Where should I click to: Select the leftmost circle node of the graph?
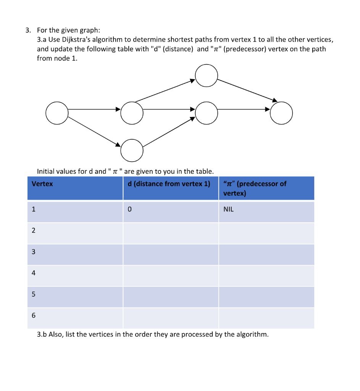[57, 113]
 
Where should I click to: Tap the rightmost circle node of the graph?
[281, 113]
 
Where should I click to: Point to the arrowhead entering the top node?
[193, 80]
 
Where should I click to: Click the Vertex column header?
[42, 184]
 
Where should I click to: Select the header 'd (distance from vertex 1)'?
[169, 184]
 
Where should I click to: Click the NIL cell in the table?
[228, 210]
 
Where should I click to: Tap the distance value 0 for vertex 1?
[130, 210]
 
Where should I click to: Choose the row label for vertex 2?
[34, 231]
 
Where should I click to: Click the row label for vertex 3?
[34, 252]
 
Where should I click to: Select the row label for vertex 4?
[34, 273]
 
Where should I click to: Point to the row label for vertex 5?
[34, 294]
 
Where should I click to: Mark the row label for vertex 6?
[34, 316]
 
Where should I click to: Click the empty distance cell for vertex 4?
[171, 276]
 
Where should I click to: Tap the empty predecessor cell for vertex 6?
[266, 318]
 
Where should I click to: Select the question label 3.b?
[42, 334]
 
